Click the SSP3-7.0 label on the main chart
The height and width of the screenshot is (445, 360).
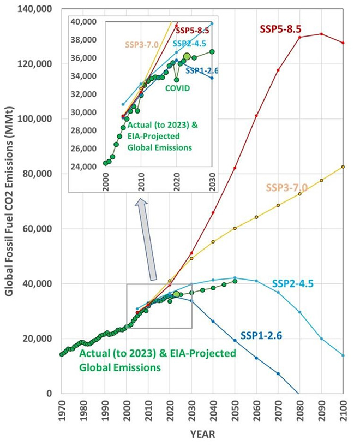pos(286,188)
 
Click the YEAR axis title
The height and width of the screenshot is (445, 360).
pos(202,435)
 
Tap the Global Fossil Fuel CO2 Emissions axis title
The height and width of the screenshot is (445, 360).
pos(9,202)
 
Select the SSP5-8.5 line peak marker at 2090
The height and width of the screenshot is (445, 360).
pos(321,34)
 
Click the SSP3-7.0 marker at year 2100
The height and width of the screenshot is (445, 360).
pos(343,167)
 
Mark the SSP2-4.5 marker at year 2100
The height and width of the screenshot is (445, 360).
pos(343,355)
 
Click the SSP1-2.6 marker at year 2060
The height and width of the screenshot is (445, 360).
pos(256,358)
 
